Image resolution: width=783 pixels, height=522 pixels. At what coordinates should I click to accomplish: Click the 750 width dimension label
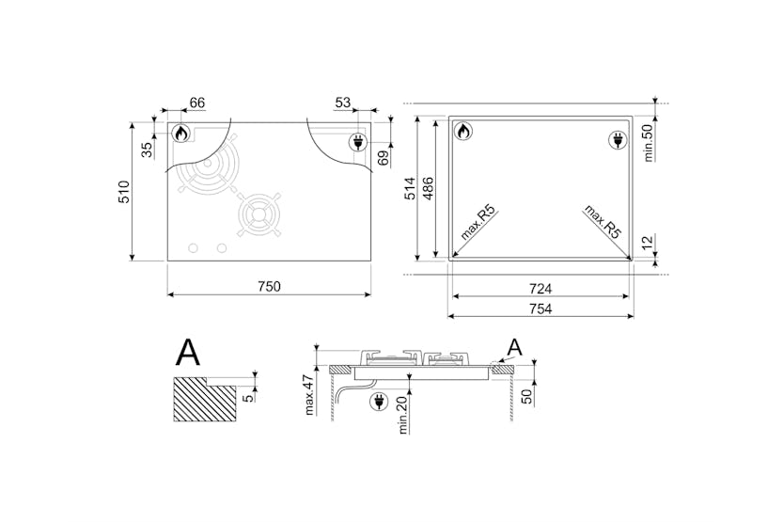(x=269, y=287)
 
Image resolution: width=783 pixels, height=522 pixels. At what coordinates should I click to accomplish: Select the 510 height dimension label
(x=123, y=192)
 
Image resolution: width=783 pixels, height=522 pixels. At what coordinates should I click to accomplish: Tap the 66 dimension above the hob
(x=197, y=103)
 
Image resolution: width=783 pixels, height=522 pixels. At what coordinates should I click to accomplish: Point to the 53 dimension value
(x=343, y=103)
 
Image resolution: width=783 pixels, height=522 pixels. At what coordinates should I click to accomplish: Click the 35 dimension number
(x=147, y=150)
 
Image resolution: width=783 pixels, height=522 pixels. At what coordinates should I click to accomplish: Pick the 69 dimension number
(x=383, y=158)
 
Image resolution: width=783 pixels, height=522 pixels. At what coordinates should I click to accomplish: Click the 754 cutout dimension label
(x=540, y=309)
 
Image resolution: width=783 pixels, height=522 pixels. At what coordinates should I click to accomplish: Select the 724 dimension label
(x=540, y=289)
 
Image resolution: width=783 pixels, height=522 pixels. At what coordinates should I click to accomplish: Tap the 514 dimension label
(x=410, y=188)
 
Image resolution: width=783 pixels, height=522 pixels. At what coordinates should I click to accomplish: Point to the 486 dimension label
(x=428, y=188)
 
